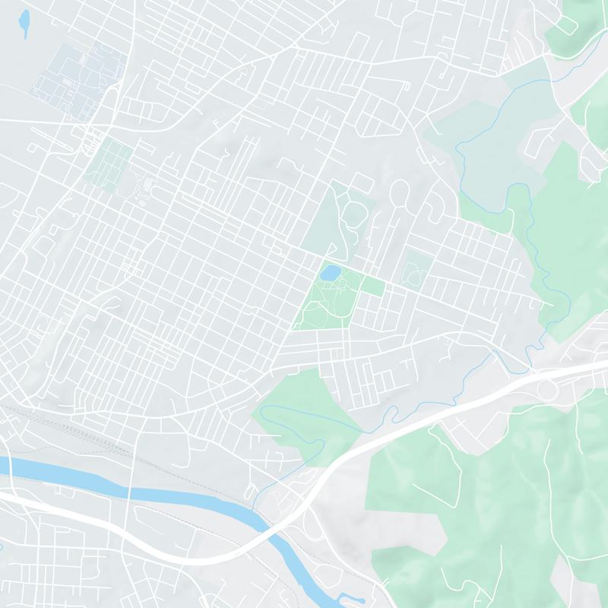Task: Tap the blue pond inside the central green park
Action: [x=329, y=271]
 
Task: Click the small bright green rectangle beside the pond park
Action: [x=372, y=286]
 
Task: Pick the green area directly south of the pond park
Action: [x=304, y=410]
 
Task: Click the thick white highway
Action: [x=426, y=426]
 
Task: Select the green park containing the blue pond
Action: [x=327, y=300]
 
